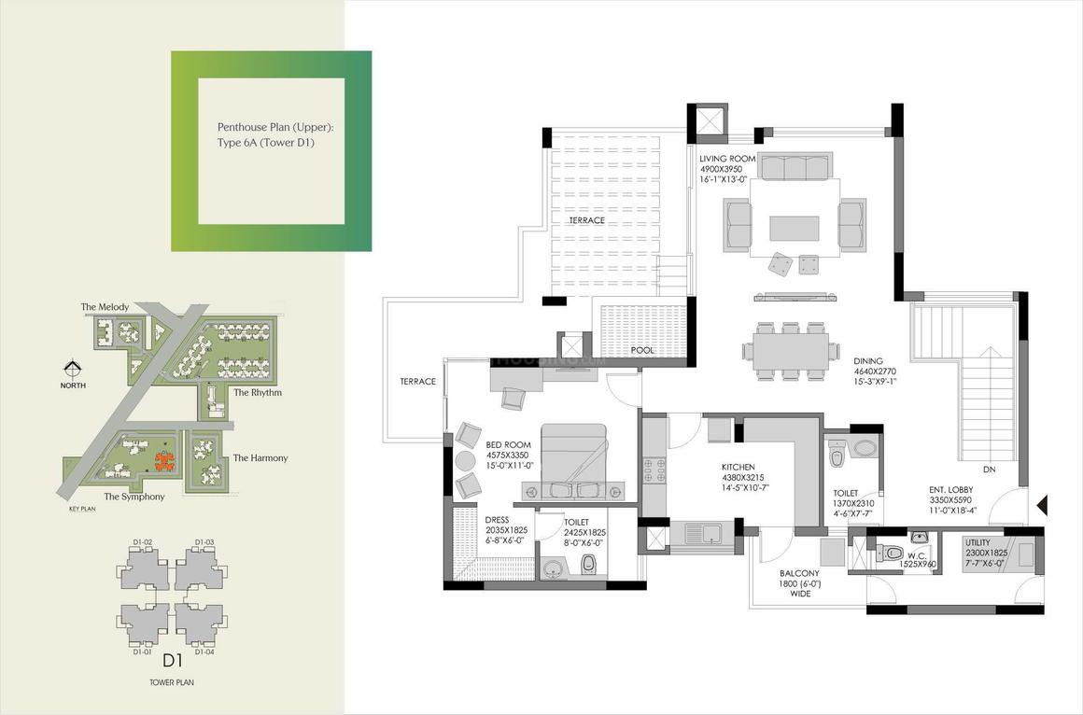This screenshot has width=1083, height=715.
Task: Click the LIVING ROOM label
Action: [x=727, y=159]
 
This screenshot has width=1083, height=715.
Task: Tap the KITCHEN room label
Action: [x=738, y=468]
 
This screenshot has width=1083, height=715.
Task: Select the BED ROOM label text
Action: [x=508, y=445]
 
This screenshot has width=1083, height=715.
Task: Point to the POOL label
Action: [x=642, y=350]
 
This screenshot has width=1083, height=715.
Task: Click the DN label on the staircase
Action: [x=989, y=470]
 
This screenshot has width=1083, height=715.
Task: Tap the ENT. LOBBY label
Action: [x=950, y=490]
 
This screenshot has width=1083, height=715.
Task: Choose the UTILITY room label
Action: [x=978, y=543]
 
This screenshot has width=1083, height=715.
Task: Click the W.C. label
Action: [x=917, y=554]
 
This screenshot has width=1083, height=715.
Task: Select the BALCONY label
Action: [x=800, y=573]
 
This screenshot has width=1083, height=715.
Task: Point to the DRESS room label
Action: [x=497, y=520]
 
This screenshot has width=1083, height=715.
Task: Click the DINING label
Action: [x=868, y=361]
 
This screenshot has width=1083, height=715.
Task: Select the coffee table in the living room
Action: [x=795, y=228]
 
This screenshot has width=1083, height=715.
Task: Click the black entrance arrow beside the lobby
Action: [x=1044, y=505]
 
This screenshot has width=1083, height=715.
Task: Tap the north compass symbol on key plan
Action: [x=72, y=369]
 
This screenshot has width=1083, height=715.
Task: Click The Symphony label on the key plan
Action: [x=134, y=497]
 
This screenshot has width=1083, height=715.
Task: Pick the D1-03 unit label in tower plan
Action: [x=204, y=541]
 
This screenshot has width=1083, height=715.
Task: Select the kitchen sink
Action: [x=703, y=532]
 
